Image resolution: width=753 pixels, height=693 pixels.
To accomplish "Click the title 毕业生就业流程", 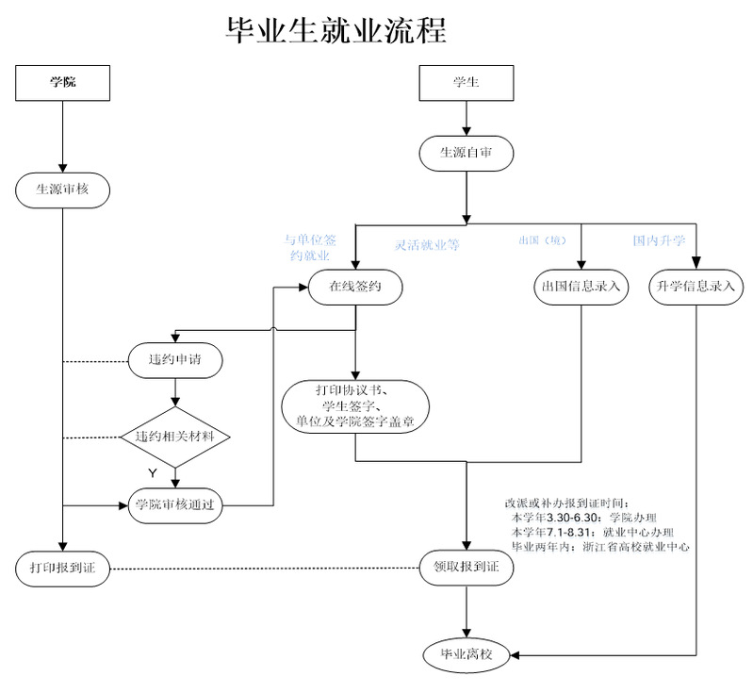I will (x=336, y=29).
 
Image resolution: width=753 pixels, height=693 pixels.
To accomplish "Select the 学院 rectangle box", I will (x=62, y=82).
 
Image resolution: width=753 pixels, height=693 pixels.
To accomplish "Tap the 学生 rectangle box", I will (x=466, y=82).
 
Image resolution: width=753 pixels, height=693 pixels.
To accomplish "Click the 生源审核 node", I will (x=62, y=189).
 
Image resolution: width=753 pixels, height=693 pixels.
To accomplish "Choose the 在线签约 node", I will (x=354, y=286).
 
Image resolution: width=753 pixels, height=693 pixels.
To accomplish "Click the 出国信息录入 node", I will (x=580, y=286).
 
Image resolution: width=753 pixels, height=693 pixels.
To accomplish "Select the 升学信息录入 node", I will (x=696, y=286).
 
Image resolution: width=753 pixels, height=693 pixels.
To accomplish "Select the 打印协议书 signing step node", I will (x=355, y=405).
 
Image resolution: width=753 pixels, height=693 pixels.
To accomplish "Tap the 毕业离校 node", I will (x=466, y=653).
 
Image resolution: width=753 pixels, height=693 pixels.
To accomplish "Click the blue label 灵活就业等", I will (x=426, y=244).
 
